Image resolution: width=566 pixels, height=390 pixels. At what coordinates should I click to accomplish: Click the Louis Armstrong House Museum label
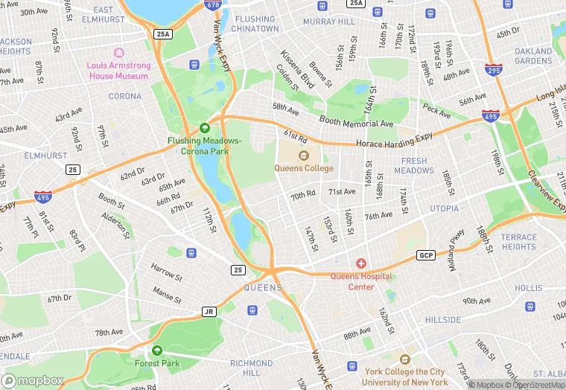point(118,71)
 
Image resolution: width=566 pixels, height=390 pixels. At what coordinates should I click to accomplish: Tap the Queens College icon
point(303,156)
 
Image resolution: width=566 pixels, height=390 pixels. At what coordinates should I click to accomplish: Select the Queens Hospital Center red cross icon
point(361,264)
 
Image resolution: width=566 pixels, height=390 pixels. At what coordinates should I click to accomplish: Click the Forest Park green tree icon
point(157,350)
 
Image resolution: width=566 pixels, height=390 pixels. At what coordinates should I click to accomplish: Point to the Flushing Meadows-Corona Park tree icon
point(204,128)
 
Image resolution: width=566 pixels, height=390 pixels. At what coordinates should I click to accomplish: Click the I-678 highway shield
point(214,5)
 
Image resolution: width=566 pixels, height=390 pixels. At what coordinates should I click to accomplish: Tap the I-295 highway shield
point(494,69)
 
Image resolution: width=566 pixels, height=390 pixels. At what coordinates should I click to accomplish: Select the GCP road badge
point(425,255)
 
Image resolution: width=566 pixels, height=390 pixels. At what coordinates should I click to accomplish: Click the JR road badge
point(209,312)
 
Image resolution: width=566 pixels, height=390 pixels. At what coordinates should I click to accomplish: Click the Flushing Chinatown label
point(255,24)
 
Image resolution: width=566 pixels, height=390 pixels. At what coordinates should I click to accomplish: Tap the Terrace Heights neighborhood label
point(518,242)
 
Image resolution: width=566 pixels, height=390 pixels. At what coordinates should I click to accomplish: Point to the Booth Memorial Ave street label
point(356,121)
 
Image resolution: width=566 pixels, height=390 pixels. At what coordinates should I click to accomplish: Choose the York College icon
point(404,359)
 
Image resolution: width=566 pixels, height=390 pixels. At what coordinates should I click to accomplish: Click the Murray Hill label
point(329,22)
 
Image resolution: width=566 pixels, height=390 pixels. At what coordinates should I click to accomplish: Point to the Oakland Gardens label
point(533,56)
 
